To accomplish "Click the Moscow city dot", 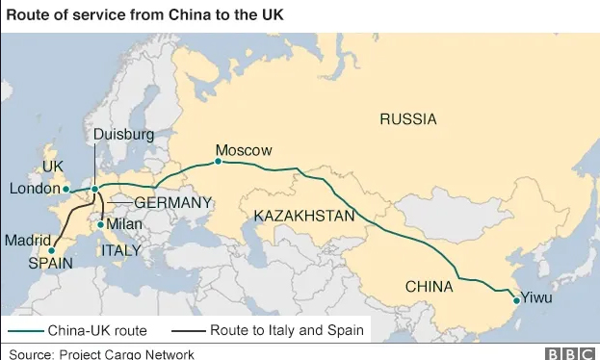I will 219,162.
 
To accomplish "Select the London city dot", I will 66,189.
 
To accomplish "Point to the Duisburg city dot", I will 94,189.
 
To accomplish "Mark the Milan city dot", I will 100,224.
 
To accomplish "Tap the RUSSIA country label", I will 407,119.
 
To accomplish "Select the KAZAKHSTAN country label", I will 304,217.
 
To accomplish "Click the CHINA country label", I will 430,286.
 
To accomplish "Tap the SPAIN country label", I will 50,262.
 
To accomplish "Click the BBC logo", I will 570,353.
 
